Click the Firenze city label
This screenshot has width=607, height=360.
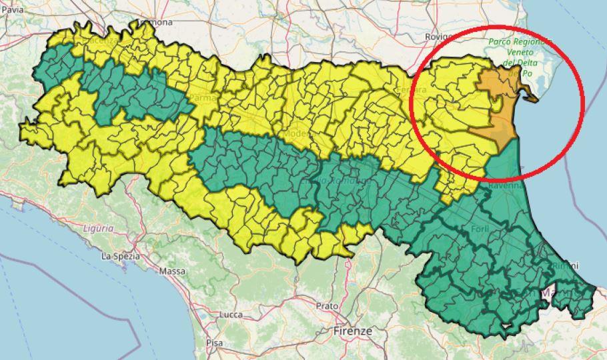[354, 331]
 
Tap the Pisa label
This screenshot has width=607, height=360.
[214, 343]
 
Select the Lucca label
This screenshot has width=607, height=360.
[230, 314]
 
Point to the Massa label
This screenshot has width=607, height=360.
[172, 271]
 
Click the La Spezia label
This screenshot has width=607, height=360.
[121, 256]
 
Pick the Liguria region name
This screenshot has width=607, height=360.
[98, 228]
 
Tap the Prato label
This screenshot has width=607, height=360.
[328, 306]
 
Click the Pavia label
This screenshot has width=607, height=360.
[12, 10]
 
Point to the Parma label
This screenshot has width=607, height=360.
[202, 98]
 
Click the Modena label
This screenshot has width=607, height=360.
[297, 134]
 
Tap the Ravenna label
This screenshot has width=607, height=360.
[506, 187]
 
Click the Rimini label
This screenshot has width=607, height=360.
[564, 266]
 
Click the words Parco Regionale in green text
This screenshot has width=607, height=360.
[520, 41]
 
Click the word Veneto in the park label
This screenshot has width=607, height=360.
[520, 52]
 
